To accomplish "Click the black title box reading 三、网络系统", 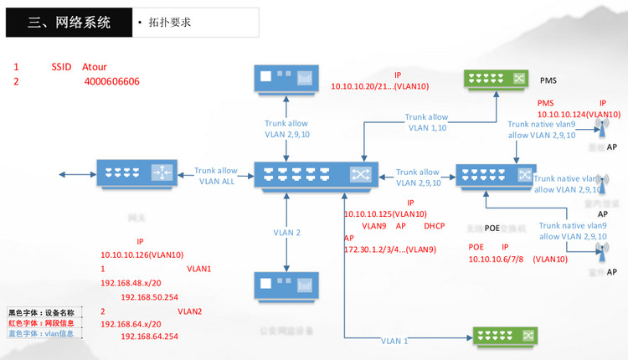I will (67, 23).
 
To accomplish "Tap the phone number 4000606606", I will (111, 82).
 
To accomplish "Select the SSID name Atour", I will (95, 67).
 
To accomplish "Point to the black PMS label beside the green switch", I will (548, 80).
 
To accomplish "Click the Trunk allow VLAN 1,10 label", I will (426, 122).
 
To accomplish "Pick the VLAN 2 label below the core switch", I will (286, 232).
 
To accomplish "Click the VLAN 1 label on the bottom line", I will (394, 341).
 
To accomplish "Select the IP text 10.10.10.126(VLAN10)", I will (142, 255).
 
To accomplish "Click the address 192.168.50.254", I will (150, 297).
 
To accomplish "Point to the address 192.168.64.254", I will (150, 337).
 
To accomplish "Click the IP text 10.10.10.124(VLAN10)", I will (579, 114).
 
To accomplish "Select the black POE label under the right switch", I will (492, 228).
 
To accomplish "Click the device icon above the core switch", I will (286, 80).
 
